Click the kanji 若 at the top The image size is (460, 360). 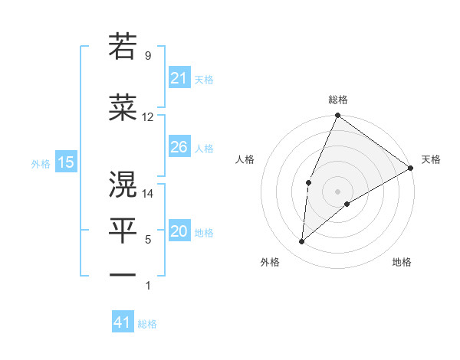tap(123, 47)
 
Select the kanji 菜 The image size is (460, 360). tap(123, 109)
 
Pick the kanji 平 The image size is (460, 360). tap(123, 231)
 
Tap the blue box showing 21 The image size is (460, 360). tap(179, 78)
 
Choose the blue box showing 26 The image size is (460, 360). tap(179, 147)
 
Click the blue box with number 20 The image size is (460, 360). tap(179, 232)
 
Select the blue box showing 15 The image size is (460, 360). tap(65, 162)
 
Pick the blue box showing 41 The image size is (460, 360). tap(123, 322)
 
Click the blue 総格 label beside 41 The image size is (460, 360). tap(147, 324)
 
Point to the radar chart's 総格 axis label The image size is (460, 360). tap(337, 100)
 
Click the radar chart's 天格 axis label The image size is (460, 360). tap(431, 159)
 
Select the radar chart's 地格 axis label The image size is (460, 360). tap(402, 262)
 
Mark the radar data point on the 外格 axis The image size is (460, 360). tap(302, 241)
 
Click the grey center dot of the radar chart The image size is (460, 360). tap(337, 191)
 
